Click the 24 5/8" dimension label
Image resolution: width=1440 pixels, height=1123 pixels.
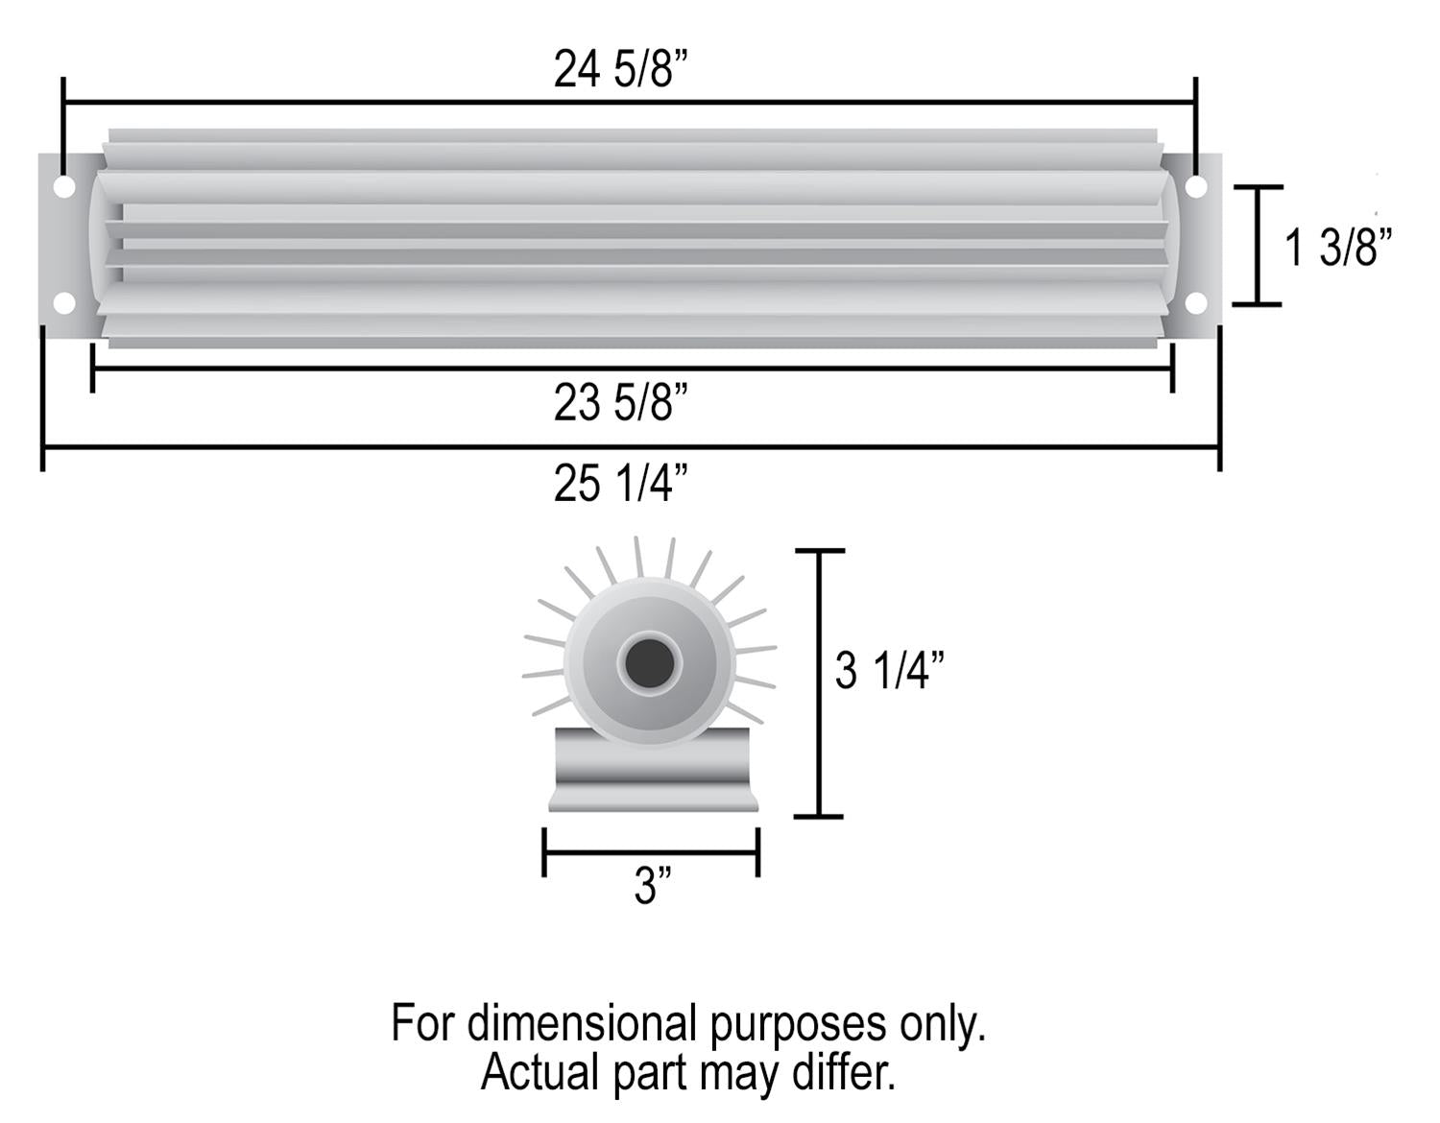pos(621,70)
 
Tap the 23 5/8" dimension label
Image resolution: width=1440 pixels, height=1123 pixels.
pos(621,403)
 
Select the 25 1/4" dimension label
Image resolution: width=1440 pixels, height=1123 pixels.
pos(621,483)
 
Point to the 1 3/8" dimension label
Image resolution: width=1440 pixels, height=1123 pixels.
pos(1337,248)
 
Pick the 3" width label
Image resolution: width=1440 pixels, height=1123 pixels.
pos(652,886)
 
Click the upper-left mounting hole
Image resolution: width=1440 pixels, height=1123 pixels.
pos(63,186)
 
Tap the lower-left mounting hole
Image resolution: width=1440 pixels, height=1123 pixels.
pos(63,304)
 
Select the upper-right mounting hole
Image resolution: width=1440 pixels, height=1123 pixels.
pos(1195,186)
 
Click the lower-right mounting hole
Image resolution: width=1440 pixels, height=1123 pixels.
pos(1195,304)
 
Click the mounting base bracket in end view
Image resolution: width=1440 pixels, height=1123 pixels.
pos(653,773)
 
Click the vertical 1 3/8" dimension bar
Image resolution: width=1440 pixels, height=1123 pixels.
pos(1257,246)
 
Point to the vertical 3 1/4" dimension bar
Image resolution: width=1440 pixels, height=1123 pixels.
pos(819,683)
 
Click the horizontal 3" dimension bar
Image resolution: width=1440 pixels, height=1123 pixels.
pos(651,850)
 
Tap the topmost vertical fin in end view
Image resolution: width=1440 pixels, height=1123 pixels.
pos(638,557)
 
